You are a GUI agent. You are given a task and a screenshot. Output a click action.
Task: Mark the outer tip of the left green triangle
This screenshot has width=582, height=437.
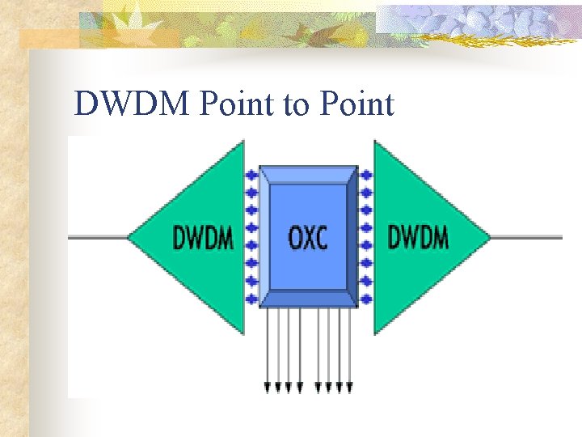point(129,237)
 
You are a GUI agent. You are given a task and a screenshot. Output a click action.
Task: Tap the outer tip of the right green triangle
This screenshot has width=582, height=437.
point(489,237)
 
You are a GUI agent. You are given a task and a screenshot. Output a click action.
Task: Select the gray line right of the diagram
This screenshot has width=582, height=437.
point(526,237)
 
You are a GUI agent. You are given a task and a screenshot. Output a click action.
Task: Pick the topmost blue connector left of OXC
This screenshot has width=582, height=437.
point(251,174)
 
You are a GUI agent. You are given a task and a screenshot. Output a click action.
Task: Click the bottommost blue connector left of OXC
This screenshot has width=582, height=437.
point(251,299)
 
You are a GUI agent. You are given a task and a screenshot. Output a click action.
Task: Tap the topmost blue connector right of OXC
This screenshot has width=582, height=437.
point(366,174)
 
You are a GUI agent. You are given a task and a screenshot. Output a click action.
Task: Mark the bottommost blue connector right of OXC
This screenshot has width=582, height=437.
point(366,299)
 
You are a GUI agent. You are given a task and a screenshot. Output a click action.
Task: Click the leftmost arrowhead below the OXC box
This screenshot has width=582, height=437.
point(268,388)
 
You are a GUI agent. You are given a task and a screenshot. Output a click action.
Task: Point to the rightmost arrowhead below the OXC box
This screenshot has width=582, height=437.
point(349,388)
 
